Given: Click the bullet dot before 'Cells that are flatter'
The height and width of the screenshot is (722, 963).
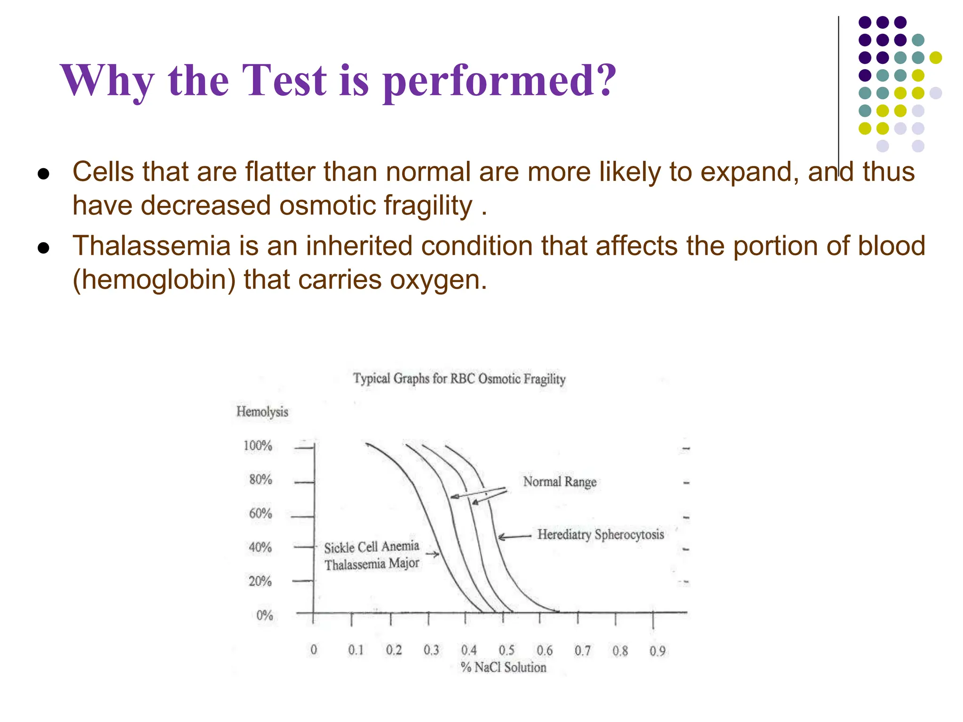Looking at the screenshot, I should click(x=43, y=174).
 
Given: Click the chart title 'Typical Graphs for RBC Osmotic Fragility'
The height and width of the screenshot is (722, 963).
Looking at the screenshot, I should click(x=459, y=379).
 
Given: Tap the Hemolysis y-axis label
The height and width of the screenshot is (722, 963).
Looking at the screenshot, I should click(x=262, y=412).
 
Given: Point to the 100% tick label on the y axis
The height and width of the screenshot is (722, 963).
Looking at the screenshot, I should click(x=258, y=446).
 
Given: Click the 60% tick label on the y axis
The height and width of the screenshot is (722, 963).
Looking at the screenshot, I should click(x=260, y=513).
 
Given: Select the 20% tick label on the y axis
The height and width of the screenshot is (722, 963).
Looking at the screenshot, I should click(x=260, y=581).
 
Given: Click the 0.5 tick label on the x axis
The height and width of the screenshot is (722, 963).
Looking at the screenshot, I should click(x=506, y=650).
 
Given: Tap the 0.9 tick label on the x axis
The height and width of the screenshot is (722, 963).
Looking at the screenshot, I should click(x=657, y=651).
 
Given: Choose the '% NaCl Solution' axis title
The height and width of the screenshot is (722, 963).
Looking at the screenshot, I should click(x=504, y=667).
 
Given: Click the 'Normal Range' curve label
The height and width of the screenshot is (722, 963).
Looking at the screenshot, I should click(x=560, y=482).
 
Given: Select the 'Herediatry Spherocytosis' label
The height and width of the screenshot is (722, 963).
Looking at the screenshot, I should click(x=600, y=535).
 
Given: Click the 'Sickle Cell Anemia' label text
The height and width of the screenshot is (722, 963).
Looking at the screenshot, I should click(x=371, y=547).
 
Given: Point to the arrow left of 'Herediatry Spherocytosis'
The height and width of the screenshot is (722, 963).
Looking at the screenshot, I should click(x=514, y=537).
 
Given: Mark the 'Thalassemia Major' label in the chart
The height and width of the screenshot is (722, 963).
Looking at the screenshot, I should click(x=371, y=564).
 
